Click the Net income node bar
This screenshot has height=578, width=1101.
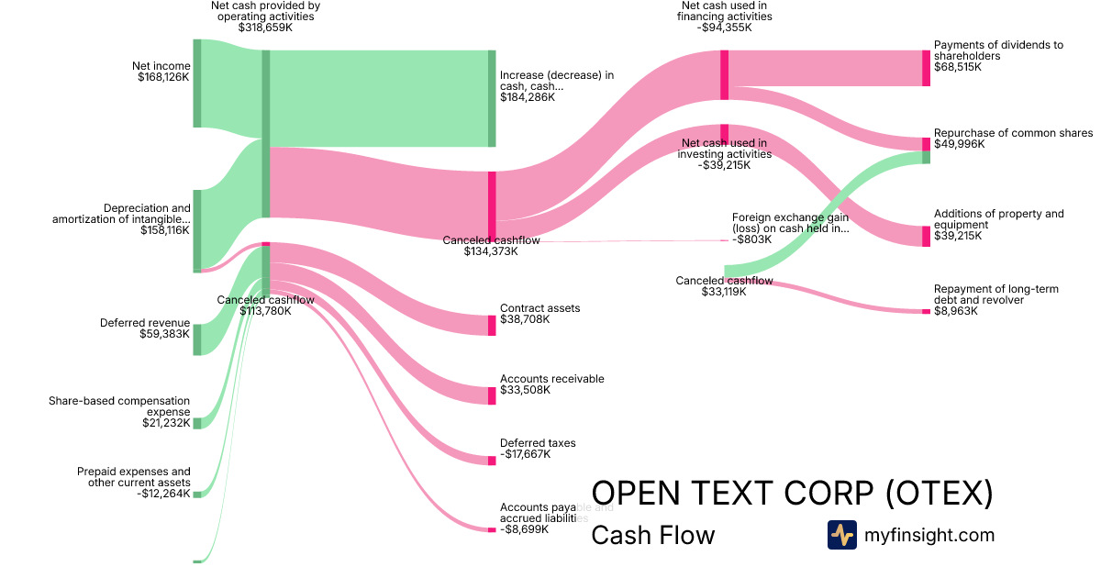point(196,83)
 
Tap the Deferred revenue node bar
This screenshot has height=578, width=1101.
point(196,339)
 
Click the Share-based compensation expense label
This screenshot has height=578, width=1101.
point(119,406)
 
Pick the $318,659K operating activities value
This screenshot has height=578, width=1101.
point(265,28)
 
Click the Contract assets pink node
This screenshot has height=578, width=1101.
point(492,325)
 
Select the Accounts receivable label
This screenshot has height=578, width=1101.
point(551,379)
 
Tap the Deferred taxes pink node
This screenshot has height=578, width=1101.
point(492,461)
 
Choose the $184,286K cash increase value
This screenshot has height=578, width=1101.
point(528,96)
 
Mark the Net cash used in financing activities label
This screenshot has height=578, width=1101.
point(724,10)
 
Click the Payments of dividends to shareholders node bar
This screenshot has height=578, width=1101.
point(926,68)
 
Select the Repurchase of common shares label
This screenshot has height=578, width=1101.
point(1013,133)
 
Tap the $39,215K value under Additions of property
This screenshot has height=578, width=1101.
point(958,236)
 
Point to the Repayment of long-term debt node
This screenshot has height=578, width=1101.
point(926,312)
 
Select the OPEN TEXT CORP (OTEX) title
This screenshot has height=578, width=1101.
point(792,494)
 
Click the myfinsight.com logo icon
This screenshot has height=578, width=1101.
point(841,535)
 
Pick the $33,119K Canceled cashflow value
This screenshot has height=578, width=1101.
point(724,292)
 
